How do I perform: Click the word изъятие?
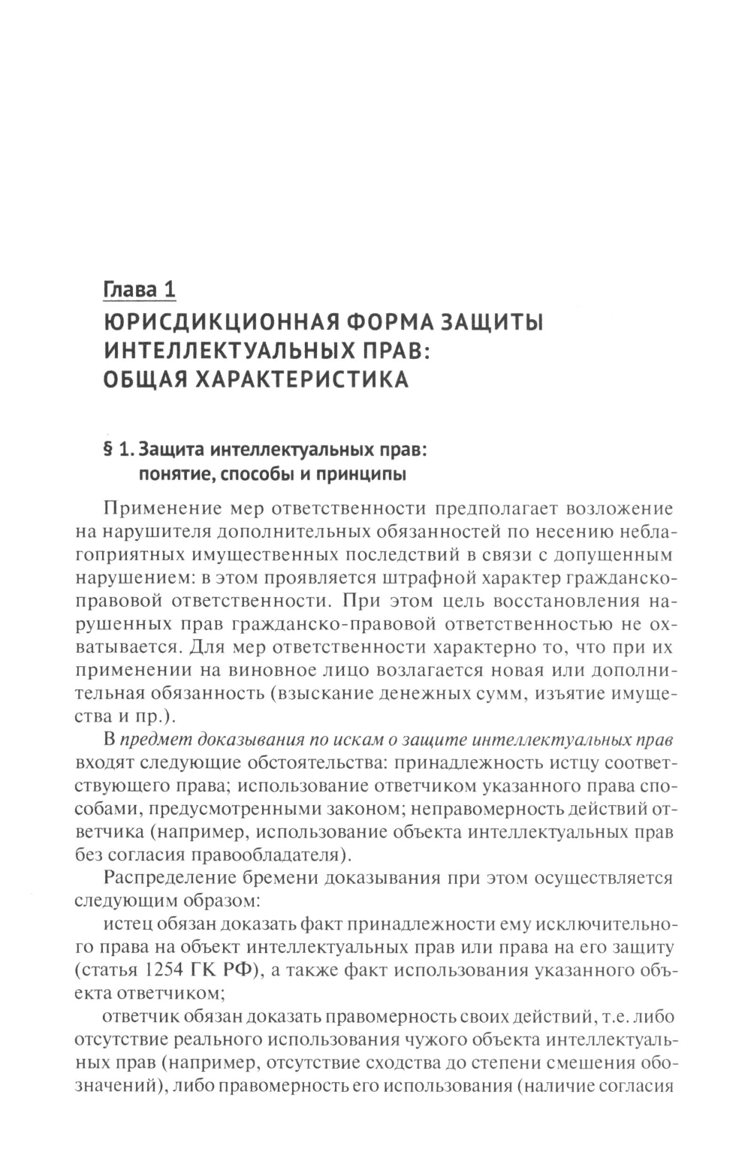tap(569, 693)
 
